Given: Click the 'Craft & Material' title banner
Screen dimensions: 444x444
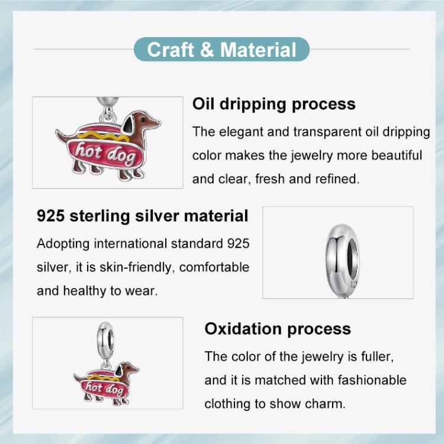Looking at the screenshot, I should coord(221,50).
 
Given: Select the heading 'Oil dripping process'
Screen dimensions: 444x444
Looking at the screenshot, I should coord(274,104).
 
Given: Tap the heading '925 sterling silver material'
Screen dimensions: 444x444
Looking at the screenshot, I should coord(143,215).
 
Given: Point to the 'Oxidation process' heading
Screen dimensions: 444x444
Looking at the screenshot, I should coord(278,329).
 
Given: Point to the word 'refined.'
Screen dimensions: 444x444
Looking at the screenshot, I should coord(337,179).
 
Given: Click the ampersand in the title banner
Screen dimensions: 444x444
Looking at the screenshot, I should coord(207,50).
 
